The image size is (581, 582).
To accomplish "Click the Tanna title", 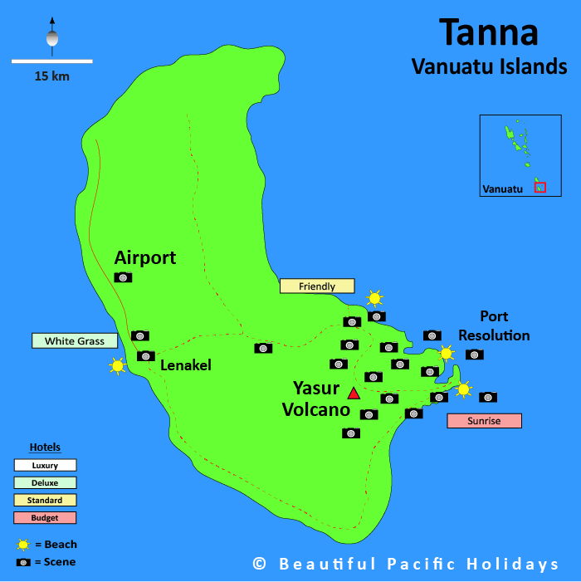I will (x=489, y=32).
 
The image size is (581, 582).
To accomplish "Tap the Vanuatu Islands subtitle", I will (x=489, y=66).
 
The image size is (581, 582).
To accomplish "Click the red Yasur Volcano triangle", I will (x=354, y=393).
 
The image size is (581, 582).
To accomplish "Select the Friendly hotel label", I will (x=317, y=286).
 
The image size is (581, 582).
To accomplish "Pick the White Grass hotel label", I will (x=75, y=341).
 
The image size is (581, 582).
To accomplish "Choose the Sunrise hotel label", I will (x=484, y=421).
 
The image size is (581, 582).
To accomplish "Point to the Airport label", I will (x=145, y=257).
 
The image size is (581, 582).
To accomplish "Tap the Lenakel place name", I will (x=186, y=364).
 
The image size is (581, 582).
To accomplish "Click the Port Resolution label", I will (x=494, y=325).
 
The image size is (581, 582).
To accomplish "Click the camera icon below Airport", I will (x=123, y=277).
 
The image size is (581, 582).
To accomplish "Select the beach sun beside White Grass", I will (x=117, y=365).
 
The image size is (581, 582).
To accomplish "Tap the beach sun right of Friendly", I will (x=375, y=298).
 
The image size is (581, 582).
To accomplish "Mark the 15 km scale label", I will (x=51, y=76).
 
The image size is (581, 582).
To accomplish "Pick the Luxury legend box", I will (x=45, y=466).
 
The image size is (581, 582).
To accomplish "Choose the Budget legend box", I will (x=45, y=518).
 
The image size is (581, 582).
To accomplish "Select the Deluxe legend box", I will (x=45, y=483).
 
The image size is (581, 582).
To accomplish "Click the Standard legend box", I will (x=45, y=501).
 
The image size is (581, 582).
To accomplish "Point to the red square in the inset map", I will (x=540, y=188).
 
